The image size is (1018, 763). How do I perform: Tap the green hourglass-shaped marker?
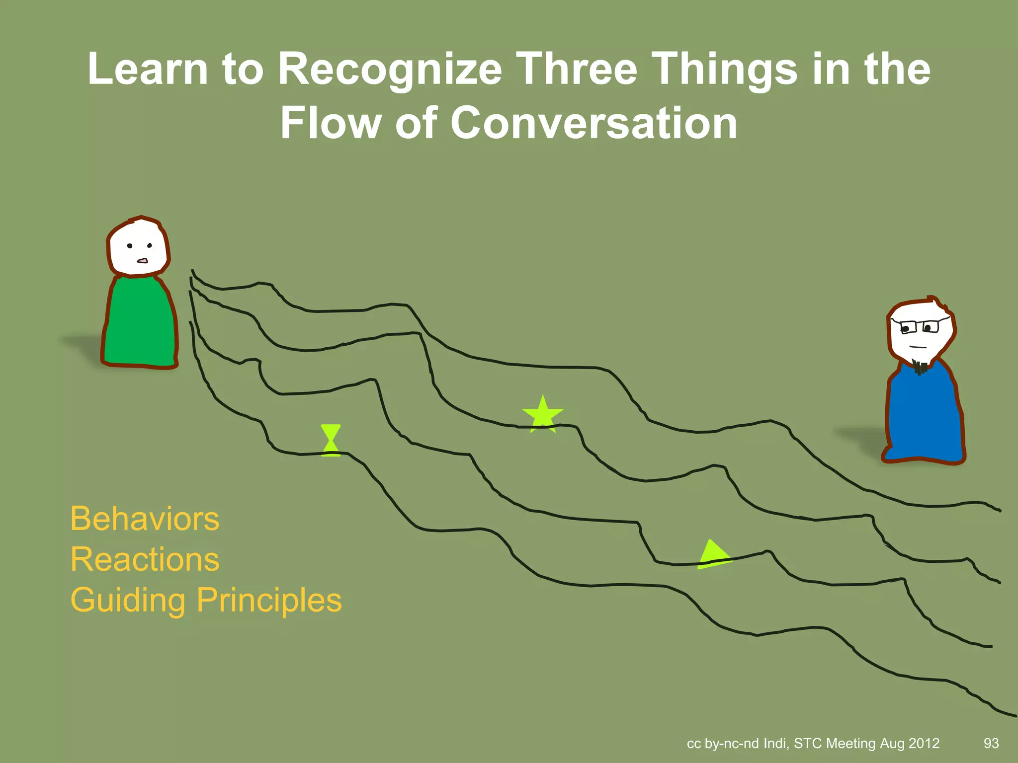[331, 440]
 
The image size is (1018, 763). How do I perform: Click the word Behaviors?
[145, 519]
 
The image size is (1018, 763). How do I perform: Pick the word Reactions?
[145, 559]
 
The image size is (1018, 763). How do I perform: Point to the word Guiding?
[128, 600]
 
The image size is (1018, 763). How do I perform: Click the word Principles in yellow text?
[269, 600]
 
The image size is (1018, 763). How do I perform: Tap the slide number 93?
[991, 743]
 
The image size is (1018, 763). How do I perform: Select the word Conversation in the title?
[594, 123]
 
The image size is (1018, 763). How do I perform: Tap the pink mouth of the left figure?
[143, 260]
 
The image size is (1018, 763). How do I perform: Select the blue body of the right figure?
[924, 415]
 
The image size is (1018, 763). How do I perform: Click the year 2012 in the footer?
[924, 743]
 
